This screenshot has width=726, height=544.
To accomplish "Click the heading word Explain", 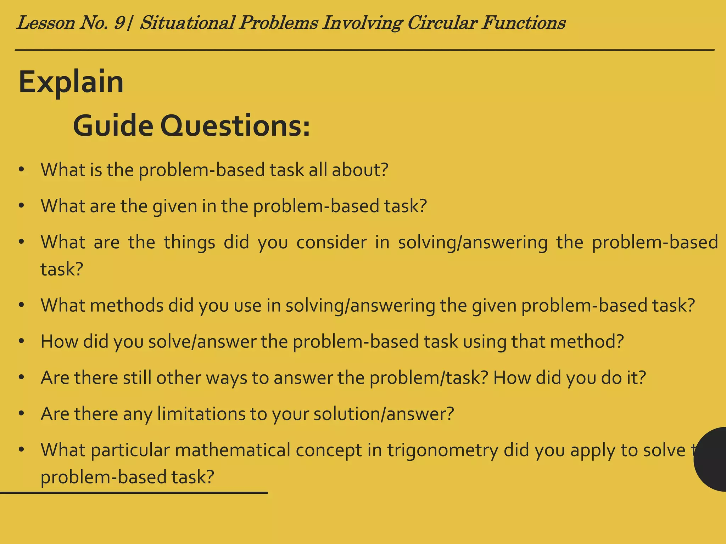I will [x=71, y=82].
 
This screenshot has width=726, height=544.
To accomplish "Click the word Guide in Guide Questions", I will [x=113, y=126].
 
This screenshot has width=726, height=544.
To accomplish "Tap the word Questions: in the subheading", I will [x=235, y=127].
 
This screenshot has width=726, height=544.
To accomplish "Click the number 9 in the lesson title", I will [x=119, y=23].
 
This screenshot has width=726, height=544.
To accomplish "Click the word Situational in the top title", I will [x=188, y=23].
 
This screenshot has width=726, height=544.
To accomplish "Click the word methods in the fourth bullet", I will [x=127, y=305].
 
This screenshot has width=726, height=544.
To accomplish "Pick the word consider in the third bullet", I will [x=331, y=243].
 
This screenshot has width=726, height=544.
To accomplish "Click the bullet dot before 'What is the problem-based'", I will [x=22, y=170].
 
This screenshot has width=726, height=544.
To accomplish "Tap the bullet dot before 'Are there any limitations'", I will [x=22, y=413].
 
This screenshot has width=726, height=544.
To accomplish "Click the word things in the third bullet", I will [x=189, y=243].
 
